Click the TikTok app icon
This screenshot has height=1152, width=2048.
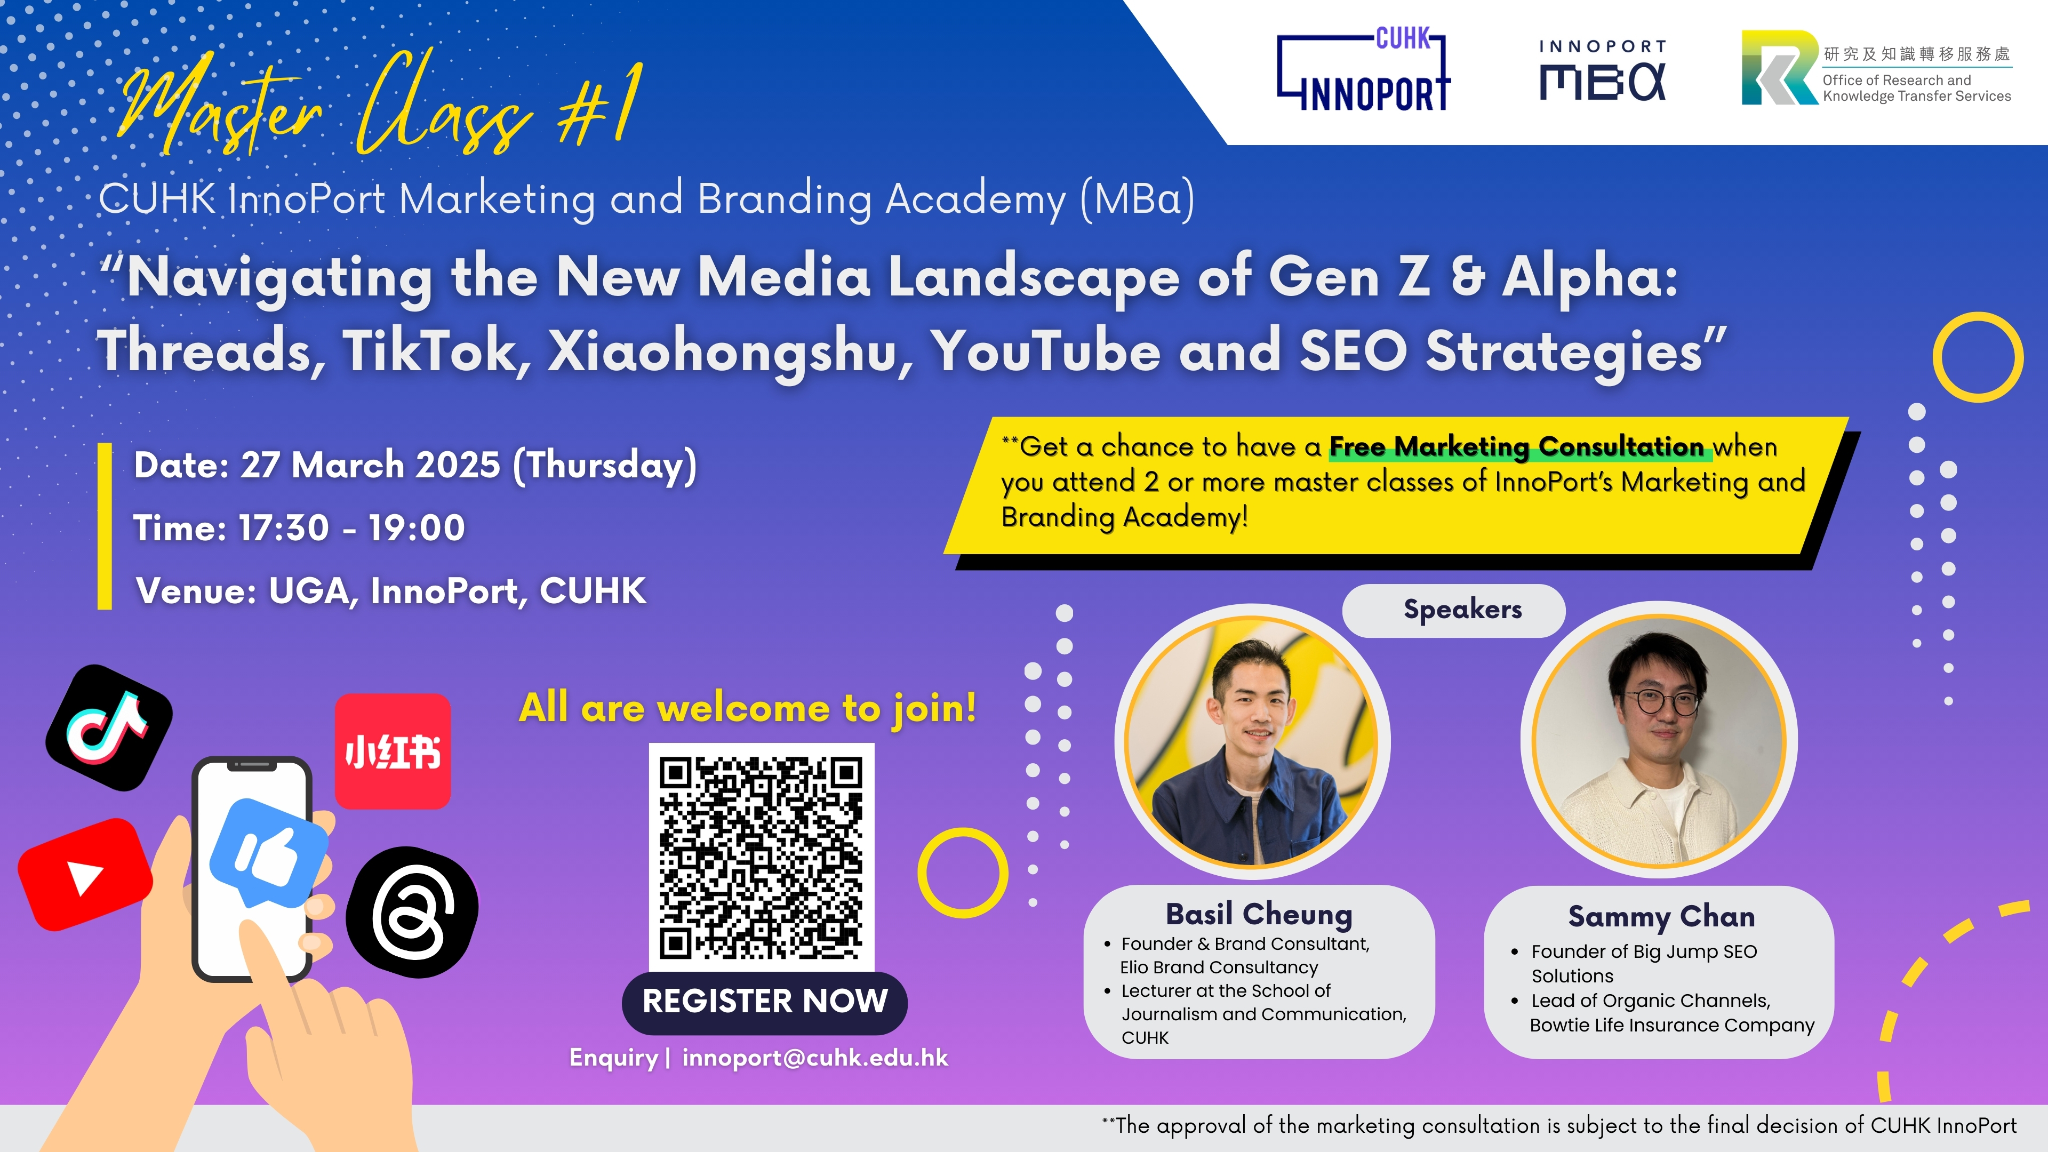tap(109, 727)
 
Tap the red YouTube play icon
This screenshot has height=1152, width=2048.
tap(85, 874)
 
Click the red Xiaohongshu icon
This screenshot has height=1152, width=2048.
tap(393, 751)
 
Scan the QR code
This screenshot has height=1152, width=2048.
tap(762, 857)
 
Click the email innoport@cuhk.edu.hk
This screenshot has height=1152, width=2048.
tap(815, 1058)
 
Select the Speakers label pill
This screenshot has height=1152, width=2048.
tap(1454, 610)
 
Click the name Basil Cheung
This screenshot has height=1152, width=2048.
tap(1259, 914)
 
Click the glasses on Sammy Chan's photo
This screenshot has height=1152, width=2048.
tap(1662, 703)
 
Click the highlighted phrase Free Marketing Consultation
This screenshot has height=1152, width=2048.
tap(1517, 447)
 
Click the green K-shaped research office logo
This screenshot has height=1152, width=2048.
tap(1779, 68)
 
